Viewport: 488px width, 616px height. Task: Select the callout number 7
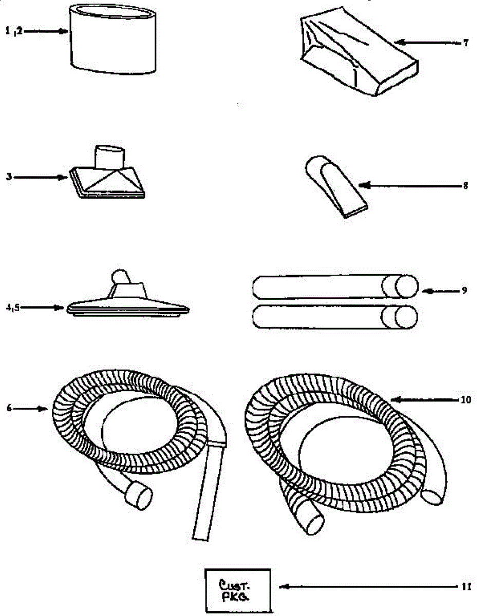465,43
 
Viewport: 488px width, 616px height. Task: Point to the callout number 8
465,186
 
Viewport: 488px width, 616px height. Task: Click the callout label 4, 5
13,308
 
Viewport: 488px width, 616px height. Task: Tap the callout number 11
465,586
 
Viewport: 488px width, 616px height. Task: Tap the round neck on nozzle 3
111,157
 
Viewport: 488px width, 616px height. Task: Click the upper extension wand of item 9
334,286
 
